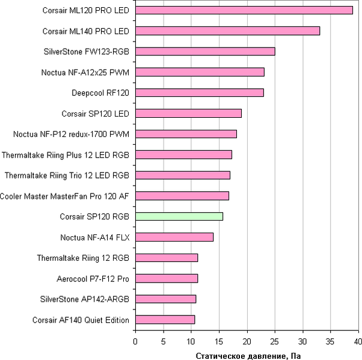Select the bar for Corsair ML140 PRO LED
(x=227, y=31)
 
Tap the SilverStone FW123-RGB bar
(x=205, y=51)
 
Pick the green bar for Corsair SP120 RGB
(x=179, y=216)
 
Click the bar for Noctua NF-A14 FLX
(x=174, y=237)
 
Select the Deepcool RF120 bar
(x=199, y=93)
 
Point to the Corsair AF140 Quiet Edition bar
(x=165, y=320)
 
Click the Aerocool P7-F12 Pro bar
(x=167, y=278)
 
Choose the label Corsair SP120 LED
(x=96, y=113)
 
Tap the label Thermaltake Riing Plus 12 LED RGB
(x=66, y=154)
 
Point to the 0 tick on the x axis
(x=135, y=341)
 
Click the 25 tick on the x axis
(x=275, y=341)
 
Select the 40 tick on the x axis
(x=358, y=341)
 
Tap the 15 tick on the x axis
(x=219, y=341)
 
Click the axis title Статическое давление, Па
(x=248, y=355)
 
